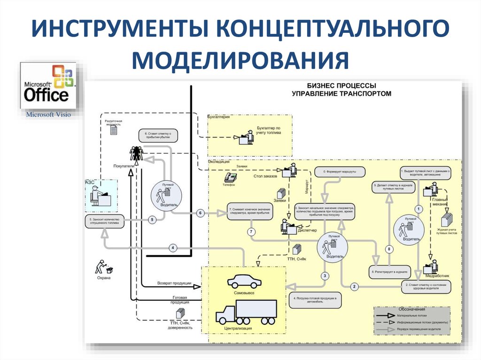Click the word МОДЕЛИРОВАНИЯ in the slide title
pyautogui.click(x=240, y=61)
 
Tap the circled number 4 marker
pyautogui.click(x=172, y=247)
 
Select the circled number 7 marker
pyautogui.click(x=252, y=231)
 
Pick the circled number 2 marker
pyautogui.click(x=355, y=286)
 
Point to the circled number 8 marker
pyautogui.click(x=389, y=249)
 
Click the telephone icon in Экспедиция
pyautogui.click(x=230, y=177)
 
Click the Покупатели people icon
pyautogui.click(x=136, y=153)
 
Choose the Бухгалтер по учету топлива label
pyautogui.click(x=268, y=130)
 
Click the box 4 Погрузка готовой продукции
pyautogui.click(x=315, y=300)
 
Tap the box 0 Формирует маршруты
pyautogui.click(x=335, y=172)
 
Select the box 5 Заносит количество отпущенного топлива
pyautogui.click(x=105, y=222)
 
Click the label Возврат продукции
pyautogui.click(x=173, y=283)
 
